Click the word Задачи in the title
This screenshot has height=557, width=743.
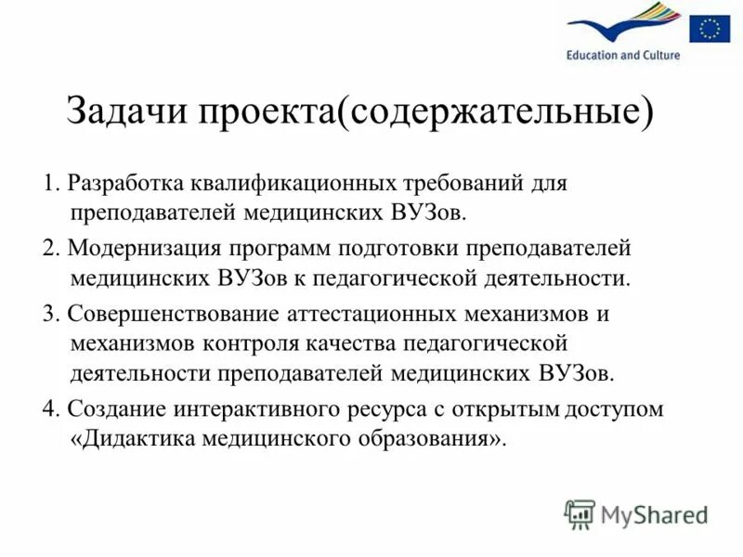[124, 112]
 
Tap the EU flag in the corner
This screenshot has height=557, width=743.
[710, 30]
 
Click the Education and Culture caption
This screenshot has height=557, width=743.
[623, 56]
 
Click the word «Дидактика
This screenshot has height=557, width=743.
[124, 439]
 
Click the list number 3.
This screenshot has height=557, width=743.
[50, 313]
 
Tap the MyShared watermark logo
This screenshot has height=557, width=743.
[637, 513]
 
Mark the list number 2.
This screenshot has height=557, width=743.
[50, 248]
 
